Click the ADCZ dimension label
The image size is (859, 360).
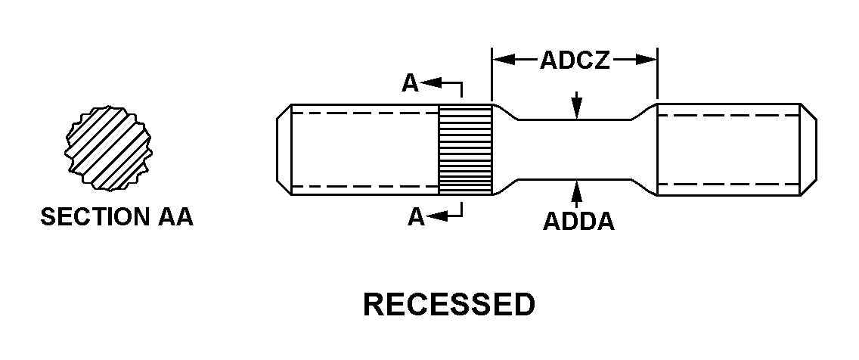pos(575,61)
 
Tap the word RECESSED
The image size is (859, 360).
pos(449,305)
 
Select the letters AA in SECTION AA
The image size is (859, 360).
pos(175,218)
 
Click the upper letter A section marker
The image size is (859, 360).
pos(410,83)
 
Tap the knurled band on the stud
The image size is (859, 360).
pos(466,149)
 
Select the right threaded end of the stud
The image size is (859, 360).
pos(729,149)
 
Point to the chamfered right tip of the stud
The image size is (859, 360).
pos(809,149)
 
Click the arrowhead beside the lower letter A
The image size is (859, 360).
pos(434,217)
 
